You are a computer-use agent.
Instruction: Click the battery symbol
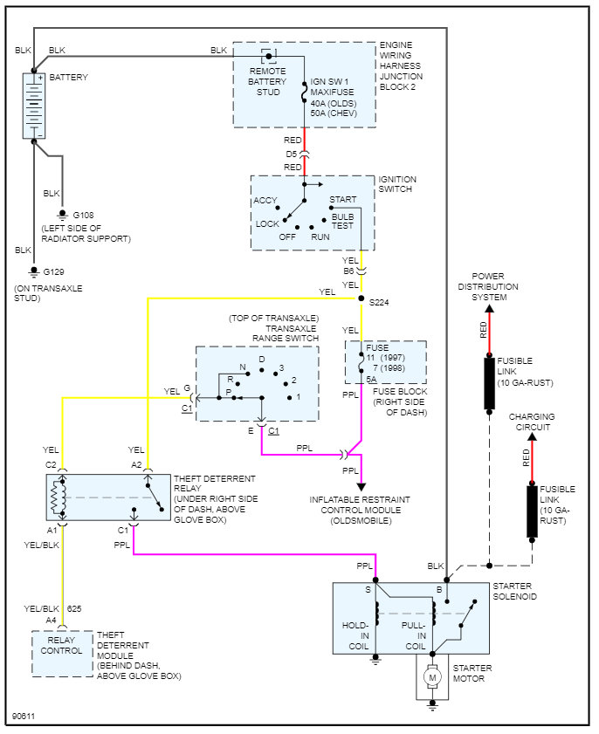(34, 106)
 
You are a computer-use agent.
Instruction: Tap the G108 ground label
(83, 216)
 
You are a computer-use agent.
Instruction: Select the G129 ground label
(54, 272)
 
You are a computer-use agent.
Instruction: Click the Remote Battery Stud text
(268, 81)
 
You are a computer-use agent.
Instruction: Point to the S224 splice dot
(361, 298)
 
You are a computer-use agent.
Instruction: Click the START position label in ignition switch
(343, 199)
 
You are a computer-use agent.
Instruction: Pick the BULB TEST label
(343, 222)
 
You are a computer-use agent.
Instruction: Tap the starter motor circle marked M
(432, 677)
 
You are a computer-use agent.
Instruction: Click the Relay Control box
(62, 654)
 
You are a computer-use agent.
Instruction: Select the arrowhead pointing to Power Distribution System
(489, 308)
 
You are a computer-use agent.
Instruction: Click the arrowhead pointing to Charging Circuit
(532, 436)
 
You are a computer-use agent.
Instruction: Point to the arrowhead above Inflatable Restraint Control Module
(361, 487)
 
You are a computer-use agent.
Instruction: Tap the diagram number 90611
(24, 717)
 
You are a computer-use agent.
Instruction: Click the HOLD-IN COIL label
(356, 635)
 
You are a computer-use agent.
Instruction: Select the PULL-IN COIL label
(414, 635)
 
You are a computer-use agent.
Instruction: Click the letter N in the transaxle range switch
(243, 367)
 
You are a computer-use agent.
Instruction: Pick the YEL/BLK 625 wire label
(52, 609)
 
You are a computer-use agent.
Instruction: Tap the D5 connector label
(292, 154)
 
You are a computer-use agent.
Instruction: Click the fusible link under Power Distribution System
(489, 384)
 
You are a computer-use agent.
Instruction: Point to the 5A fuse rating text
(371, 379)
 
